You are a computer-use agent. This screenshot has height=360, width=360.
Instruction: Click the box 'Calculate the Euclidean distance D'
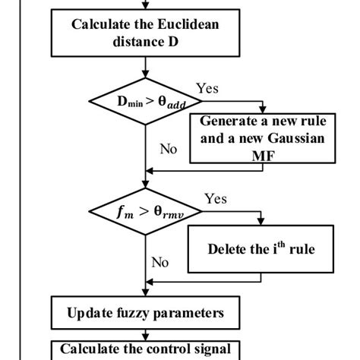(x=144, y=33)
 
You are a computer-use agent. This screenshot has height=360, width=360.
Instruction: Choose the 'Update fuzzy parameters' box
(x=144, y=311)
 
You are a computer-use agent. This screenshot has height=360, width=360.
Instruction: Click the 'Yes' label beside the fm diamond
(x=216, y=199)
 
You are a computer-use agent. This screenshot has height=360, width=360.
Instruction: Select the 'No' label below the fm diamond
(x=159, y=262)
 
